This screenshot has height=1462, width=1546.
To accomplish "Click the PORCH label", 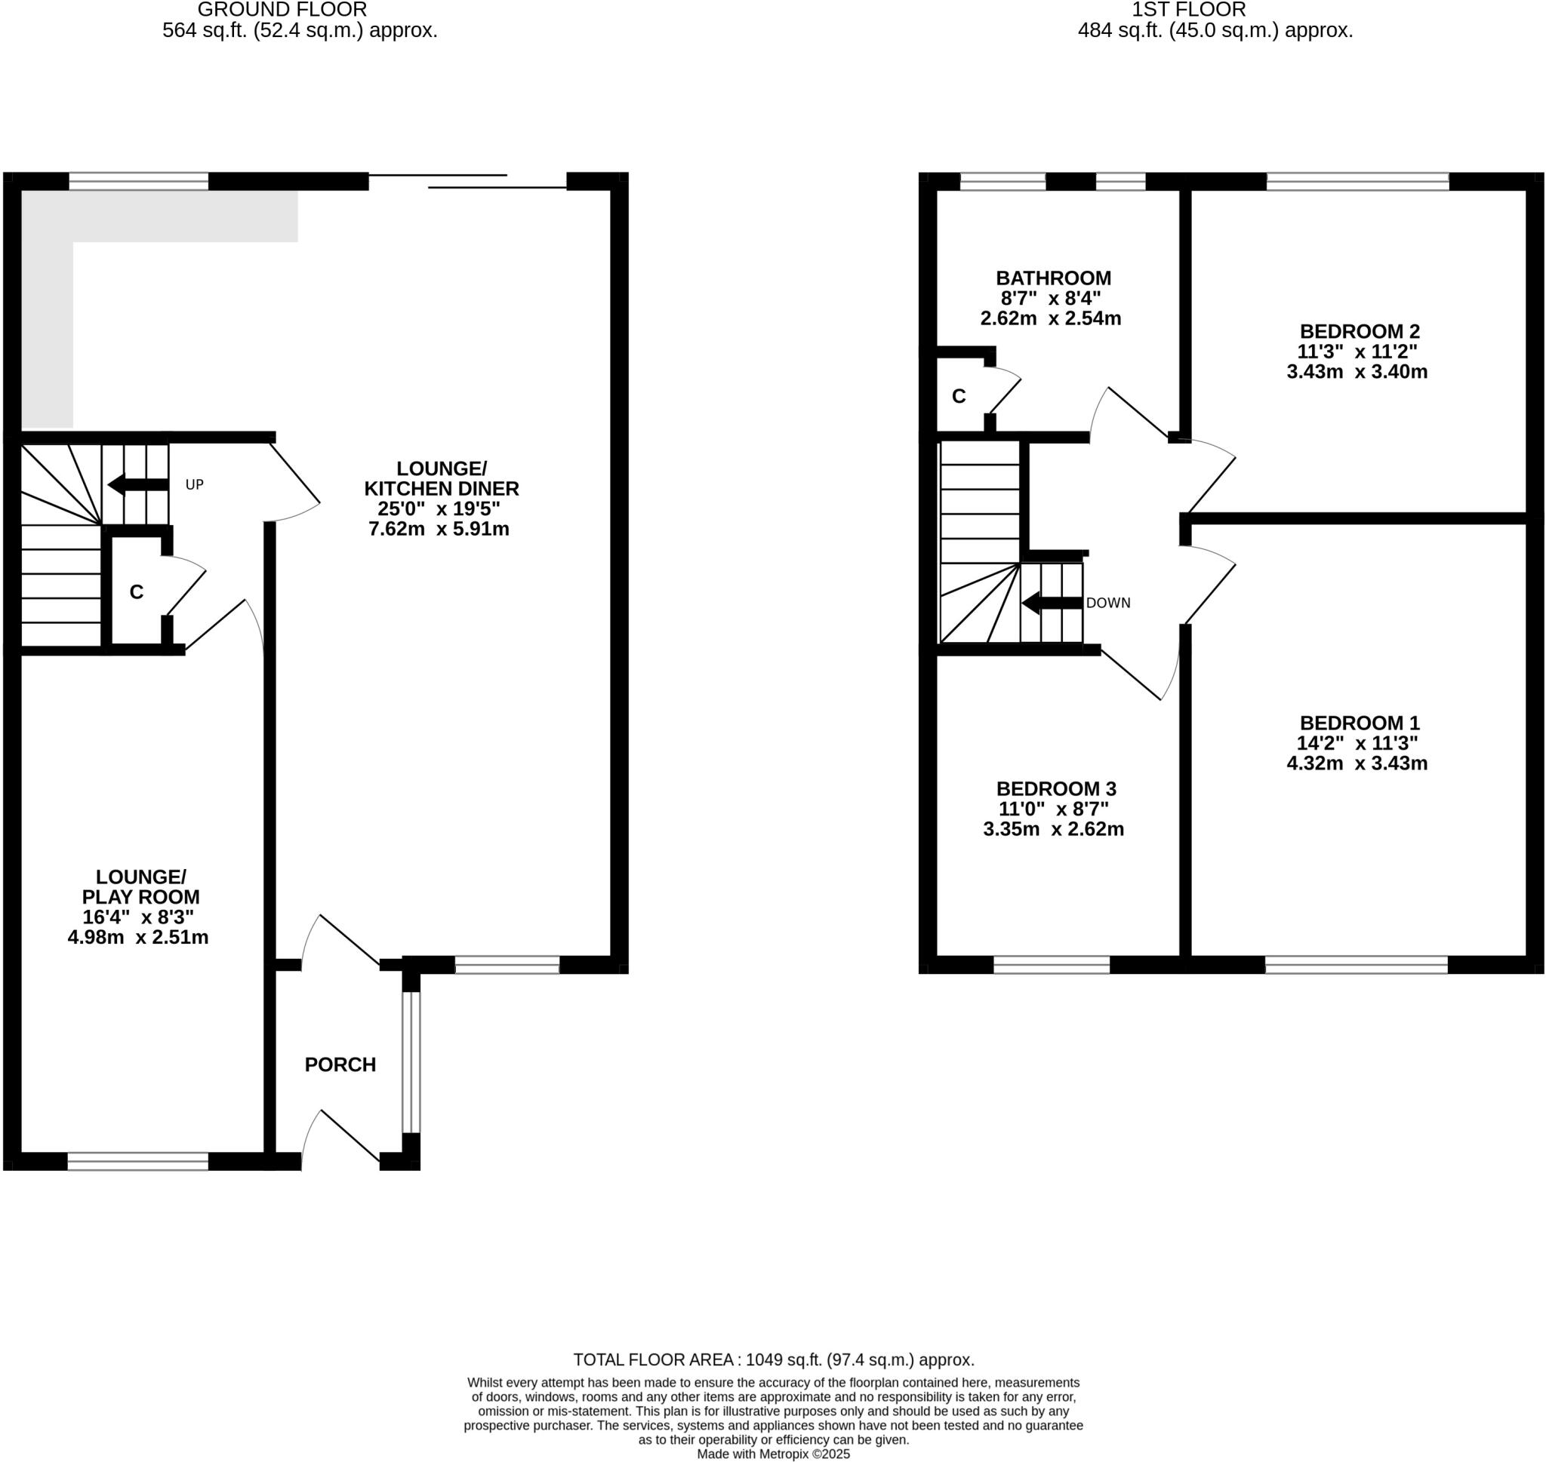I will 340,1064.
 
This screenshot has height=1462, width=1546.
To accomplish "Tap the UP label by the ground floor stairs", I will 194,485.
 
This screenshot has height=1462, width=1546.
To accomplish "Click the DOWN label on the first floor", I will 1107,604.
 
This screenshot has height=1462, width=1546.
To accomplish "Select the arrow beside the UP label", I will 137,485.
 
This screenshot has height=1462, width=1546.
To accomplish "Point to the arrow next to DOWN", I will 1051,604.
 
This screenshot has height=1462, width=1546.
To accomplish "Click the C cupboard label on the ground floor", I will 137,592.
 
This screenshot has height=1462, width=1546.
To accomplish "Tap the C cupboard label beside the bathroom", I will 958,397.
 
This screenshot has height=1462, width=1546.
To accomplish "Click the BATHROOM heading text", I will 1053,278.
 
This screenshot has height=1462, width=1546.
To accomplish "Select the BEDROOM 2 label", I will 1359,331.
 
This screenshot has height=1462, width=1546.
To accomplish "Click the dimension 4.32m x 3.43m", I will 1357,763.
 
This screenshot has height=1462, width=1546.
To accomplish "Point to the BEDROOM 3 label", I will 1055,788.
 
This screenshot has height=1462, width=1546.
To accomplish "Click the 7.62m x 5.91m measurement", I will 438,529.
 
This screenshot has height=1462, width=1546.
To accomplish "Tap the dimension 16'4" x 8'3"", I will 138,917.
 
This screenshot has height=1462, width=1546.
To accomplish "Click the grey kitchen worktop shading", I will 156,216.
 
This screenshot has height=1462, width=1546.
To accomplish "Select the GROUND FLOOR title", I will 282,10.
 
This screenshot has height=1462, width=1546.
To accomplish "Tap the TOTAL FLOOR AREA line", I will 774,1360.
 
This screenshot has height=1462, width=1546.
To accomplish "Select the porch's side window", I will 411,1061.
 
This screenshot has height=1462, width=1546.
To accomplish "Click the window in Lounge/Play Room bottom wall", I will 138,1162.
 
